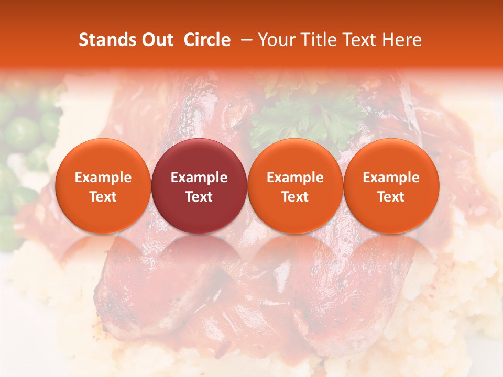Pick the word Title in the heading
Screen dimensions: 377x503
(x=321, y=40)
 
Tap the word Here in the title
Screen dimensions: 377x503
(x=403, y=40)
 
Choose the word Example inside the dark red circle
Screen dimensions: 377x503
(x=199, y=178)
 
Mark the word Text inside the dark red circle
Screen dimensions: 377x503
(x=199, y=197)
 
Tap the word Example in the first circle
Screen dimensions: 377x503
(x=103, y=178)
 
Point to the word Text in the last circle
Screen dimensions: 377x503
(x=391, y=197)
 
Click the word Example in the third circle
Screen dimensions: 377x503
(x=295, y=178)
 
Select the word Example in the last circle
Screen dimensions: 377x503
(x=391, y=178)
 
